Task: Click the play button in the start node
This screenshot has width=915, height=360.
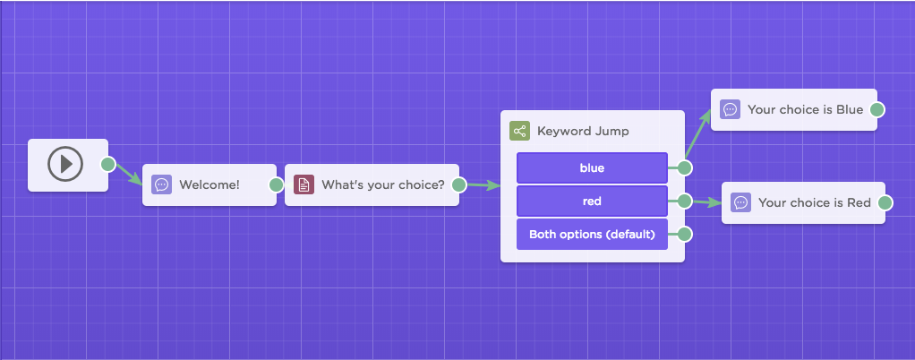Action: pos(65,164)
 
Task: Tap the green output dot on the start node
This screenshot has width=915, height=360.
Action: pos(108,164)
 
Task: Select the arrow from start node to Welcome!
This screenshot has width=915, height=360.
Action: pos(129,175)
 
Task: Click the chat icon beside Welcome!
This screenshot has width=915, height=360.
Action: pos(162,185)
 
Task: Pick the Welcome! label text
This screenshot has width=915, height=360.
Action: pos(210,185)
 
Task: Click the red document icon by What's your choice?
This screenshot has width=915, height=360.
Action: pos(304,185)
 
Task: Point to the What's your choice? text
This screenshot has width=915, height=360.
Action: pos(383,185)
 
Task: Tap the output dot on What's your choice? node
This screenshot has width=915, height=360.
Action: pos(458,185)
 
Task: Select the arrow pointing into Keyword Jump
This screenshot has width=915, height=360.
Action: pos(483,185)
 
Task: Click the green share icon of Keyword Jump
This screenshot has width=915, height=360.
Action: pos(519,131)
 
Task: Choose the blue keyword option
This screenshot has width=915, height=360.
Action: pos(592,168)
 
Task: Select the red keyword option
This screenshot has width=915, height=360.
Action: pos(592,201)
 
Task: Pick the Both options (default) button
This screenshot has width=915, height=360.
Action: pos(592,235)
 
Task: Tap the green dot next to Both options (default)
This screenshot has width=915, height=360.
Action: pos(685,235)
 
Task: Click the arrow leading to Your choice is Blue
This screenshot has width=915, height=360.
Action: pos(698,133)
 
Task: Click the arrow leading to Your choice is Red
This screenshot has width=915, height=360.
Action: pos(706,202)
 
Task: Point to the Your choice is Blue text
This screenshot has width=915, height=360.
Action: pos(805,109)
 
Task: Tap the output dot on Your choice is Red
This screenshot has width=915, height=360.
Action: pos(885,202)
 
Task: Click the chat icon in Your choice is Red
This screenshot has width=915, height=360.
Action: pos(741,202)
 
